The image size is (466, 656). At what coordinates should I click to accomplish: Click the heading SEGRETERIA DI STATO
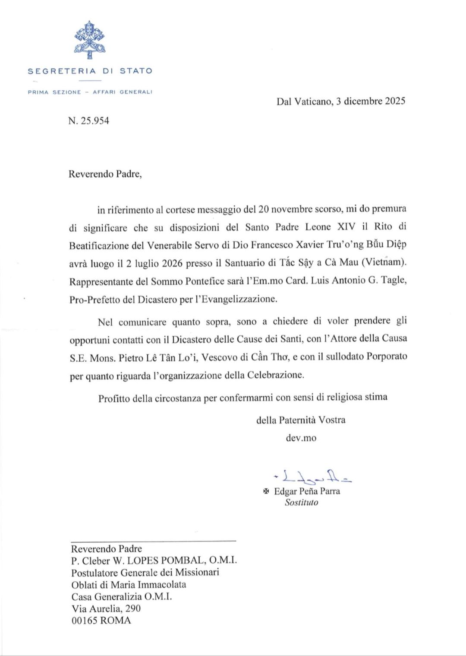coord(90,71)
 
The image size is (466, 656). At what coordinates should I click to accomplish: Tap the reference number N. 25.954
coord(88,121)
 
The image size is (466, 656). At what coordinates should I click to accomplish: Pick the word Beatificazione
coord(99,245)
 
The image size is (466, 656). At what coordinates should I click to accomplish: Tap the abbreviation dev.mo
coord(301,438)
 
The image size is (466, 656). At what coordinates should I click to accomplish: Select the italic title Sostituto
coord(301,502)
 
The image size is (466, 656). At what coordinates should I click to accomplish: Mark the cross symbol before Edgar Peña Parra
coord(266,491)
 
